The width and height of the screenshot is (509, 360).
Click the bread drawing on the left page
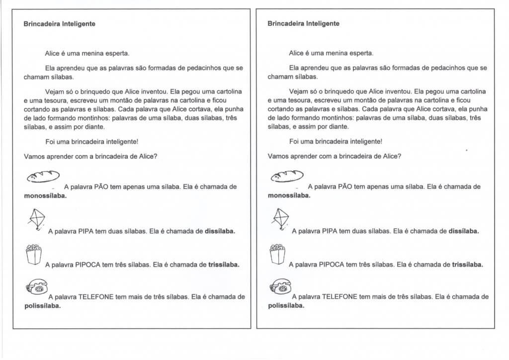(42, 176)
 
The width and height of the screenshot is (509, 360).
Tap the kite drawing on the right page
(280, 219)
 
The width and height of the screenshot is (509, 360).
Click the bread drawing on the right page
(286, 176)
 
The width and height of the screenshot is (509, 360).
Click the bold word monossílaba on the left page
(45, 196)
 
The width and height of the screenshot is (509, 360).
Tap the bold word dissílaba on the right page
(463, 231)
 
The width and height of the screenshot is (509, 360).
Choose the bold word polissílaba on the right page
(286, 306)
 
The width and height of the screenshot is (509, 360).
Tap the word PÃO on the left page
(98, 187)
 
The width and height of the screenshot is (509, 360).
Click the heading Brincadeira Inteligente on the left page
(60, 23)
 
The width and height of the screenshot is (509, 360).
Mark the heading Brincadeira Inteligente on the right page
(303, 23)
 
